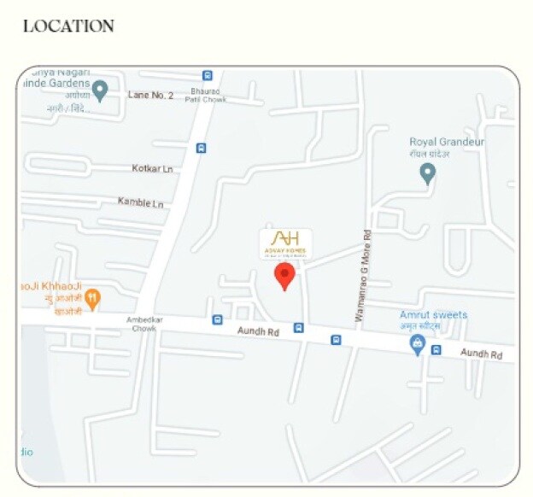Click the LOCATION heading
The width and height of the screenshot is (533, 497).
click(x=68, y=26)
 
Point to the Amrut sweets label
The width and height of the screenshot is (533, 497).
click(x=434, y=315)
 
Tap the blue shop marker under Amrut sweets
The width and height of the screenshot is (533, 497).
click(x=417, y=344)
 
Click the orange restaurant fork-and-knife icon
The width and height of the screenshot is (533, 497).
click(x=93, y=298)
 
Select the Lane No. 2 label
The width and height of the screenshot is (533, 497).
click(x=150, y=95)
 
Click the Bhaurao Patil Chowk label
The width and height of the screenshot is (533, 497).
click(x=207, y=94)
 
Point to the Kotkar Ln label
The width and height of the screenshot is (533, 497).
click(x=152, y=168)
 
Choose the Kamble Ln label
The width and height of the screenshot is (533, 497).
click(x=140, y=202)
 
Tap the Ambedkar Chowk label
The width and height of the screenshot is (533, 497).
click(x=142, y=324)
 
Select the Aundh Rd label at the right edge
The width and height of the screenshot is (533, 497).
click(x=481, y=353)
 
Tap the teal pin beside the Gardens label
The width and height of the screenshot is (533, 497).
click(x=100, y=90)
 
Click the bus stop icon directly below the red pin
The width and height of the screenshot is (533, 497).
click(x=298, y=327)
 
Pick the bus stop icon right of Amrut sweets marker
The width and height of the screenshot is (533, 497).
click(x=436, y=349)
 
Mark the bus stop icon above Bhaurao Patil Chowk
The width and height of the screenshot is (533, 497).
click(x=208, y=75)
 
